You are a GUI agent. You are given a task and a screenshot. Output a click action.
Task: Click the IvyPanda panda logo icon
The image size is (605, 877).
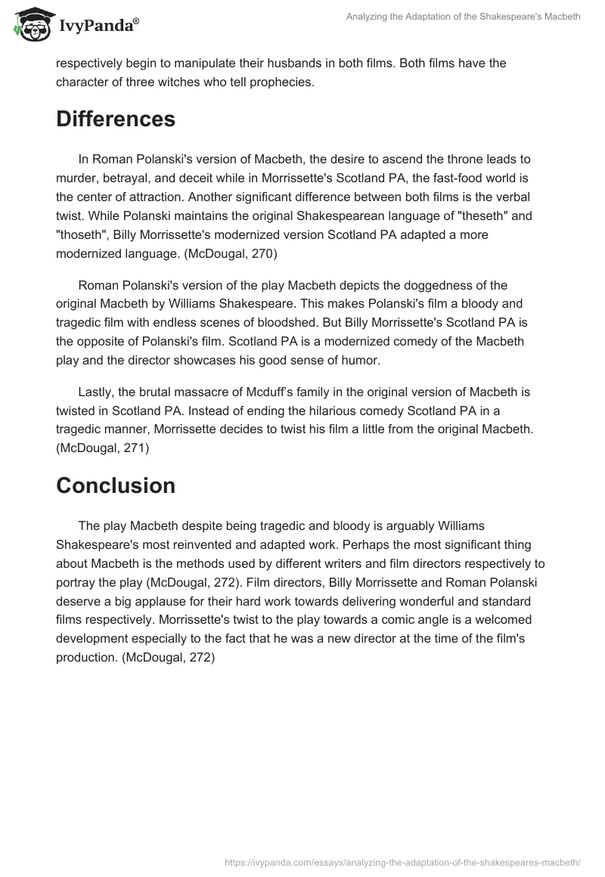[x=29, y=26]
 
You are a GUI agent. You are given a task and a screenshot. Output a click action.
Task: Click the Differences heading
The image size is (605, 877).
[x=116, y=119]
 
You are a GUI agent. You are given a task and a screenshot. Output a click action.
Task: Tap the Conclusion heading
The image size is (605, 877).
[x=116, y=485]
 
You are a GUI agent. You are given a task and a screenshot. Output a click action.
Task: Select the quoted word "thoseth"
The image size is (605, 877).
[x=82, y=234]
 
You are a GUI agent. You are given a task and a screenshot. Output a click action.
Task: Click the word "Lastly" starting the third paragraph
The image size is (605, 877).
[x=95, y=392]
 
